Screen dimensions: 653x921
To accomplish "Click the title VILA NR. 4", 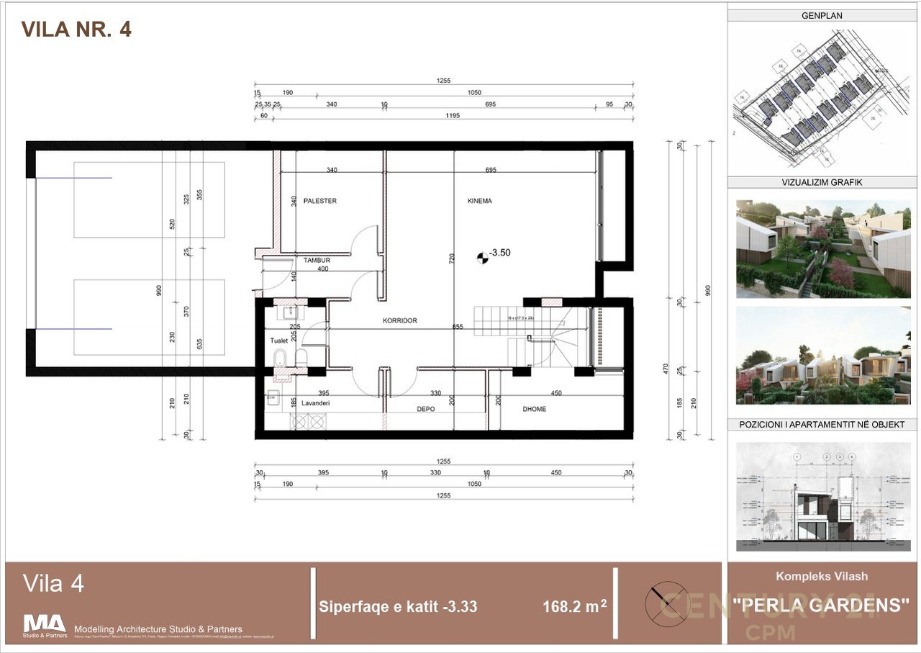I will pyautogui.click(x=76, y=30).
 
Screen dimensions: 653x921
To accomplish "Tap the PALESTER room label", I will pyautogui.click(x=319, y=201).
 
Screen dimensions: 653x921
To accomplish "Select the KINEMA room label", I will pyautogui.click(x=479, y=201).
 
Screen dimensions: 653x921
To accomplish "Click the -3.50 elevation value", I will pyautogui.click(x=500, y=253).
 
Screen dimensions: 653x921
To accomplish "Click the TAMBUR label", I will pyautogui.click(x=317, y=260).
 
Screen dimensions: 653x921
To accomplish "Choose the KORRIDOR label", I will pyautogui.click(x=400, y=320).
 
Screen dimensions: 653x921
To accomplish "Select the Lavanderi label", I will pyautogui.click(x=315, y=404).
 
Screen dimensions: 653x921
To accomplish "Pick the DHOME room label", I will pyautogui.click(x=534, y=409).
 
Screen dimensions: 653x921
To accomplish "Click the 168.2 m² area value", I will pyautogui.click(x=573, y=607).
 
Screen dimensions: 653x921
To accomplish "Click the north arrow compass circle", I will pyautogui.click(x=666, y=603).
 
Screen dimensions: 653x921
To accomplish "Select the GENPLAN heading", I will pyautogui.click(x=821, y=15).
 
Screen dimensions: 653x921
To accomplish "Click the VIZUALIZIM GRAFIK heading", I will pyautogui.click(x=821, y=183).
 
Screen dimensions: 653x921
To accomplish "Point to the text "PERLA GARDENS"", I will pyautogui.click(x=821, y=605).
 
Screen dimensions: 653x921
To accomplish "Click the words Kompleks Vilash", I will pyautogui.click(x=821, y=576).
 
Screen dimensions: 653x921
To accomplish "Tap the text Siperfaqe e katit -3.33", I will pyautogui.click(x=398, y=607).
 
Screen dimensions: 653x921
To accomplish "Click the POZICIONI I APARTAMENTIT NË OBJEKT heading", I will pyautogui.click(x=821, y=425).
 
